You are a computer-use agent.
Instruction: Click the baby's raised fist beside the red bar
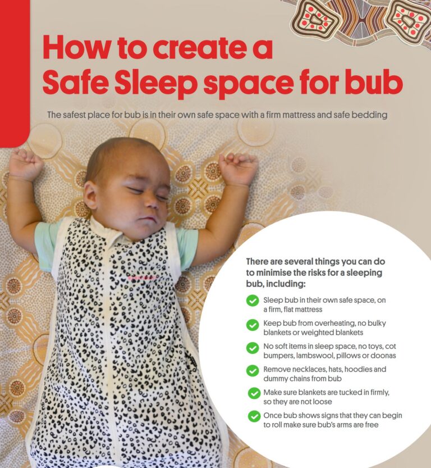click(x=25, y=164)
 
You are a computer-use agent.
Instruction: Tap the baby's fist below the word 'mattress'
click(x=238, y=168)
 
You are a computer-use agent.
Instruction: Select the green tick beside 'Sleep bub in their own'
click(x=253, y=301)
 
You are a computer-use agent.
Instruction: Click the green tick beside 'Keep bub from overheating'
click(x=253, y=324)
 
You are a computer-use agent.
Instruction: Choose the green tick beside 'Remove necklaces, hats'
click(x=253, y=370)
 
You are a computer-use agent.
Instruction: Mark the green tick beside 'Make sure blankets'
click(x=254, y=393)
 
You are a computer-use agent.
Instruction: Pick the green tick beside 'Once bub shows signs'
click(x=254, y=416)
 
